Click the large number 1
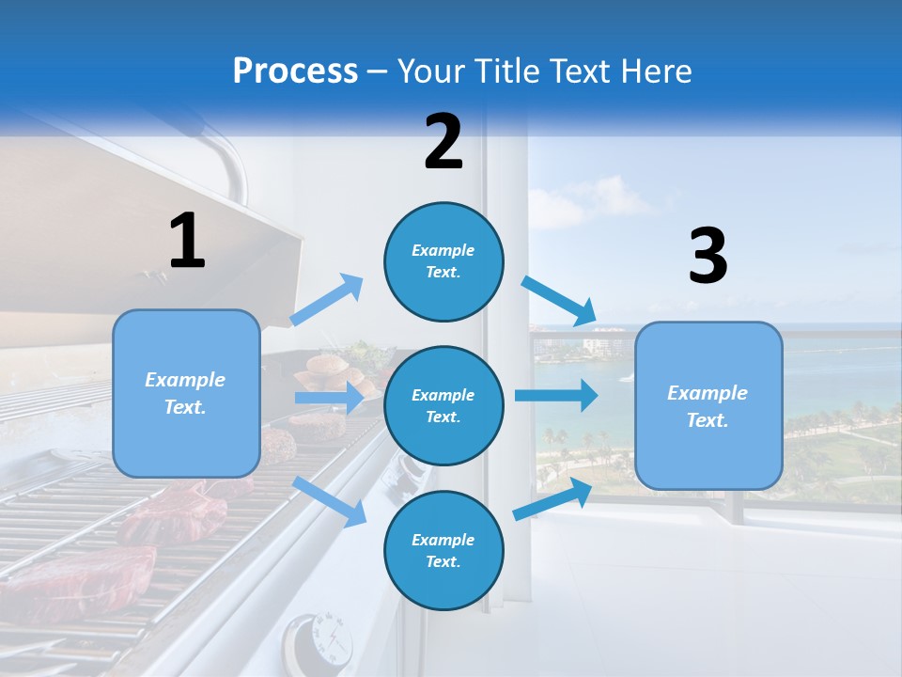187,241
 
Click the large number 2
443,142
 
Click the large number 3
708,257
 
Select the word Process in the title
295,71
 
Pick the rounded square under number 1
186,393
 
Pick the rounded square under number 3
708,406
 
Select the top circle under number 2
443,260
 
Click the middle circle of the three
443,405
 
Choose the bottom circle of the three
443,550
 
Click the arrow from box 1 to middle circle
329,398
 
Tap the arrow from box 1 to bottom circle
330,501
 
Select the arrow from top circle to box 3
560,300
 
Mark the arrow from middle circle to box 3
556,395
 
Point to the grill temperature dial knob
319,641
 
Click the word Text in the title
575,71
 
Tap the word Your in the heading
431,71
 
